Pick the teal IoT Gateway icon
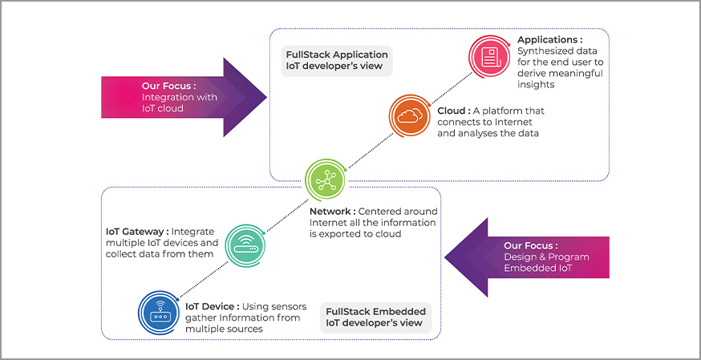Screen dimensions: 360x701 tap(244, 242)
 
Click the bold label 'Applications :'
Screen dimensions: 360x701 tap(549, 39)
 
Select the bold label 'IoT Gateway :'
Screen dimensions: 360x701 tap(140, 231)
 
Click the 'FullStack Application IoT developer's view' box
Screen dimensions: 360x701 tap(337, 61)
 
